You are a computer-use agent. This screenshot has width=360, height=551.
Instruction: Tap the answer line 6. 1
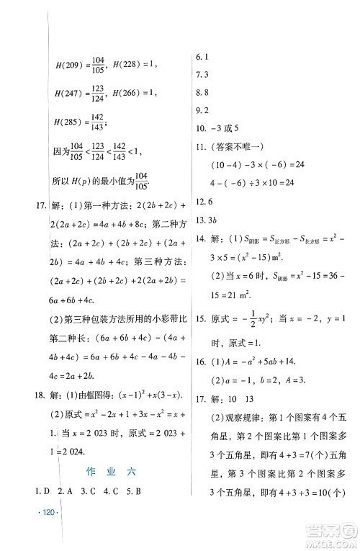click(203, 56)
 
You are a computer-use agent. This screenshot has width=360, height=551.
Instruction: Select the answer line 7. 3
click(203, 74)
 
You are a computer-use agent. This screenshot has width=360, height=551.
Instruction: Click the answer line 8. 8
click(203, 92)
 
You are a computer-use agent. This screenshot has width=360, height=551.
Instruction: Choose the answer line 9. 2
click(203, 110)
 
